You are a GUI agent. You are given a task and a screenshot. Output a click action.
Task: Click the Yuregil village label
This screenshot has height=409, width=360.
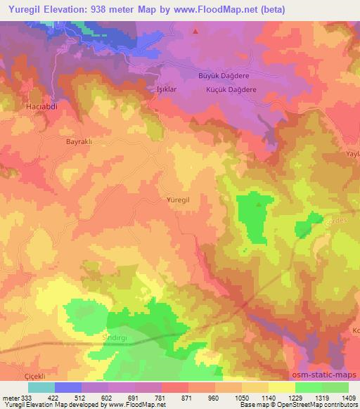click(x=178, y=200)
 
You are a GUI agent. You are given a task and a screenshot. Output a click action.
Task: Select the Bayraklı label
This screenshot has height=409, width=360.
click(x=79, y=141)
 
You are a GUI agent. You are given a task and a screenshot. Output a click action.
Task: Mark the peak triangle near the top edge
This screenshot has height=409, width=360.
click(x=195, y=31)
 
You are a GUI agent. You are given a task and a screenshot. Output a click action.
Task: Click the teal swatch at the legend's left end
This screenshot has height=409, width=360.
click(x=41, y=387)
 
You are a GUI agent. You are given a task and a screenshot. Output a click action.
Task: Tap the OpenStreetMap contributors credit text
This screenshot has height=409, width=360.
click(x=312, y=405)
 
